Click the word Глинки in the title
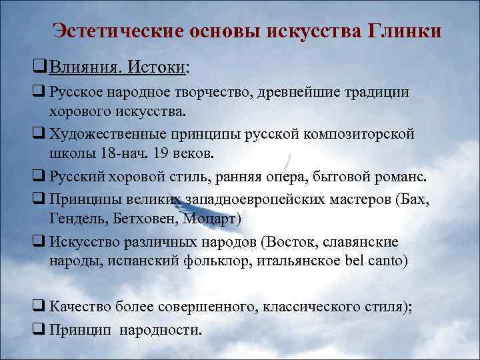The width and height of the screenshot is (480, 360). click(404, 31)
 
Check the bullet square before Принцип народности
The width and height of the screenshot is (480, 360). click(37, 329)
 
